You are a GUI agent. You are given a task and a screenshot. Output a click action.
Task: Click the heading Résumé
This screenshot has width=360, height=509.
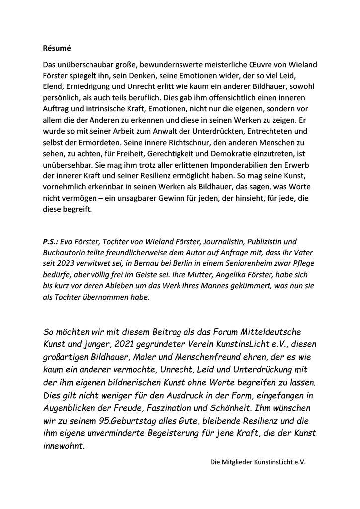tap(54, 49)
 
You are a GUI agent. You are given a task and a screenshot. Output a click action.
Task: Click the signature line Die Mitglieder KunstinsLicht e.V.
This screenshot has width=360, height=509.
tap(258, 462)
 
